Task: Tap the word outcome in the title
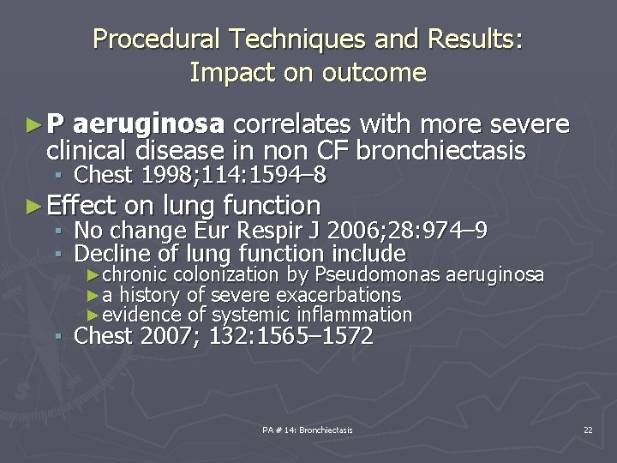coord(374,73)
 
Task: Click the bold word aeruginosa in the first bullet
coord(148,125)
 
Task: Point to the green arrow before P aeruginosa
coord(33,126)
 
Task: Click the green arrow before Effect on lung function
coord(33,206)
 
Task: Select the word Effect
coord(81,206)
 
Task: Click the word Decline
coord(108,254)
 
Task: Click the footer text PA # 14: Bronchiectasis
coord(308,430)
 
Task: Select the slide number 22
coord(587,430)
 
